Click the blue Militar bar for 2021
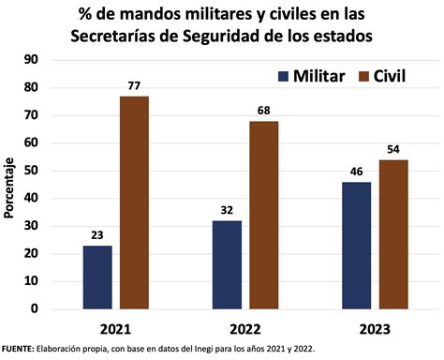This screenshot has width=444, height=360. pos(97,277)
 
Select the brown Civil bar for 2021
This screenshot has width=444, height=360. pos(134,202)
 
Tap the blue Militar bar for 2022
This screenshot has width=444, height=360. pos(228,264)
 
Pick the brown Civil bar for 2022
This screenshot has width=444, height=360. pos(264,215)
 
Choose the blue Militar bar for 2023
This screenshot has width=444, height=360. pos(357,245)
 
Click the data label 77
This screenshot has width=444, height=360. pos(134,86)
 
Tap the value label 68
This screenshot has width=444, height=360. pos(264,112)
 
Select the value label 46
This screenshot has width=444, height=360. pos(357,172)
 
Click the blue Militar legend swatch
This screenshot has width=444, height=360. pos(284,76)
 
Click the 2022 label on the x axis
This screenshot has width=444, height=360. pos(245,330)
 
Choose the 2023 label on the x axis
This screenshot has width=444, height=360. pos(375,330)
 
